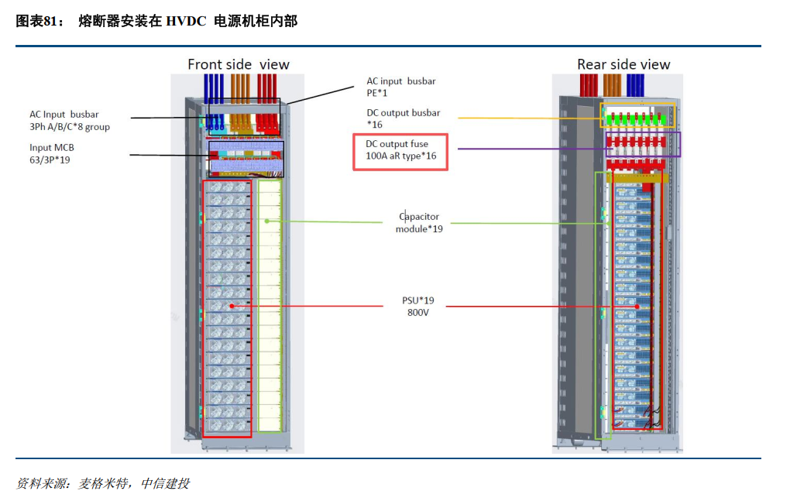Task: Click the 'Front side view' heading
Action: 238,64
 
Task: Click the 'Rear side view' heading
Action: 623,64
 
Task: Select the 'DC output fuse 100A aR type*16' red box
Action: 400,150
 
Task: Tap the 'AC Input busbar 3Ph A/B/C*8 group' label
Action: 70,121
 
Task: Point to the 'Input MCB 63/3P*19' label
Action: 52,153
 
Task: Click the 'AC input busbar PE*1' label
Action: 400,87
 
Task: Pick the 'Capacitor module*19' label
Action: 419,223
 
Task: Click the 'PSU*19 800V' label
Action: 419,307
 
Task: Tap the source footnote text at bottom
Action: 102,483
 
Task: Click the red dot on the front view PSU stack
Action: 231,307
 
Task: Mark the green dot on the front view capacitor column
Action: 266,221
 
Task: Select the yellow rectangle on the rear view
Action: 638,115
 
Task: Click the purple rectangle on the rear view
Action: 643,144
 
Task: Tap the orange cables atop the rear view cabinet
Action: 612,84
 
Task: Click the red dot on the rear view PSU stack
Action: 637,307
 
